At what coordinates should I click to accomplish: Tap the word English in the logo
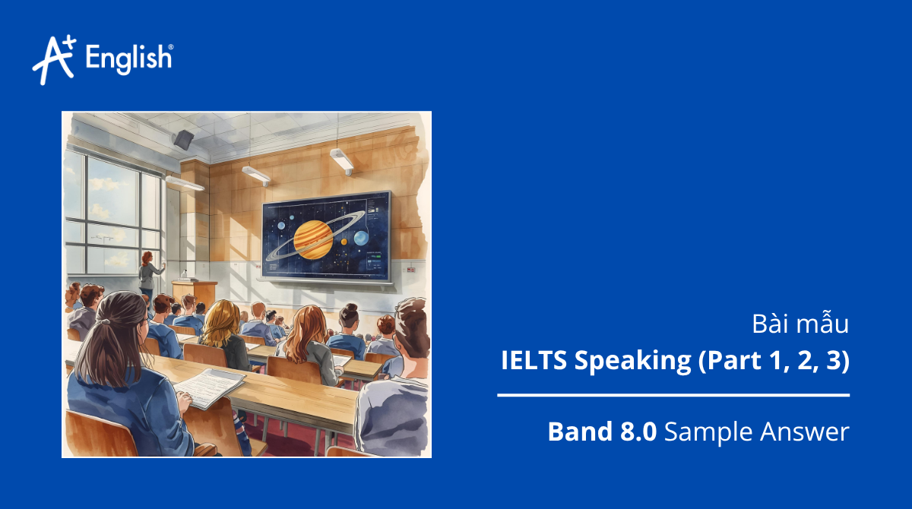(x=129, y=58)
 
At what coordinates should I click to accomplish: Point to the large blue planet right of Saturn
(x=361, y=238)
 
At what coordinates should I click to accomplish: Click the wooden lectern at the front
(x=194, y=291)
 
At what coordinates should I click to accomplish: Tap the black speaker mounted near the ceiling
(x=183, y=138)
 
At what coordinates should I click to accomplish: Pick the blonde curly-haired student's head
(x=220, y=319)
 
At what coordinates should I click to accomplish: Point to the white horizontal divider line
(x=673, y=395)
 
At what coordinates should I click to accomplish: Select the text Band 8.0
(x=602, y=432)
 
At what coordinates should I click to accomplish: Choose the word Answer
(x=804, y=432)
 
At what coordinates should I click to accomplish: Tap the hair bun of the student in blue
(x=349, y=310)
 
